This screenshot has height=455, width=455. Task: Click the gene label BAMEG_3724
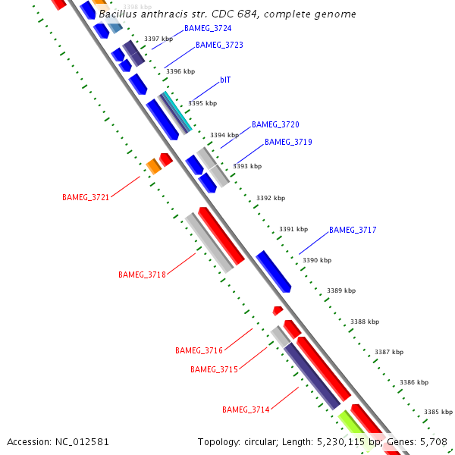208,28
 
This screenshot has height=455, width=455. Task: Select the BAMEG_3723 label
219,45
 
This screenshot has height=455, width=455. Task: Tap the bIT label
225,79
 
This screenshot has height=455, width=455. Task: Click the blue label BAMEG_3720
275,124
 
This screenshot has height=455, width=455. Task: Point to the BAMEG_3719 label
288,142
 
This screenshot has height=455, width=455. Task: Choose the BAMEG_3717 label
353,230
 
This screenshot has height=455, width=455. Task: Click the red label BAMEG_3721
86,197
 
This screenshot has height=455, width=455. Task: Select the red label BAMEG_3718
142,275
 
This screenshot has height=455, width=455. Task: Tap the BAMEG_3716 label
199,350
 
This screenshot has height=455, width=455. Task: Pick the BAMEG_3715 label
214,369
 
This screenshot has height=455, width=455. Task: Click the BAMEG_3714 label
246,409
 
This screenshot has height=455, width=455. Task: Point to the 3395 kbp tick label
202,103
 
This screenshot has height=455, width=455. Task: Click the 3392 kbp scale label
271,198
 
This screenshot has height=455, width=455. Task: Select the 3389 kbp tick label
341,290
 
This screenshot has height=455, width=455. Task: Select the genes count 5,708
434,441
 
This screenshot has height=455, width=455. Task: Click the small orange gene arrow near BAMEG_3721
153,166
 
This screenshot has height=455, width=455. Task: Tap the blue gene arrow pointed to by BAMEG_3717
273,271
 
